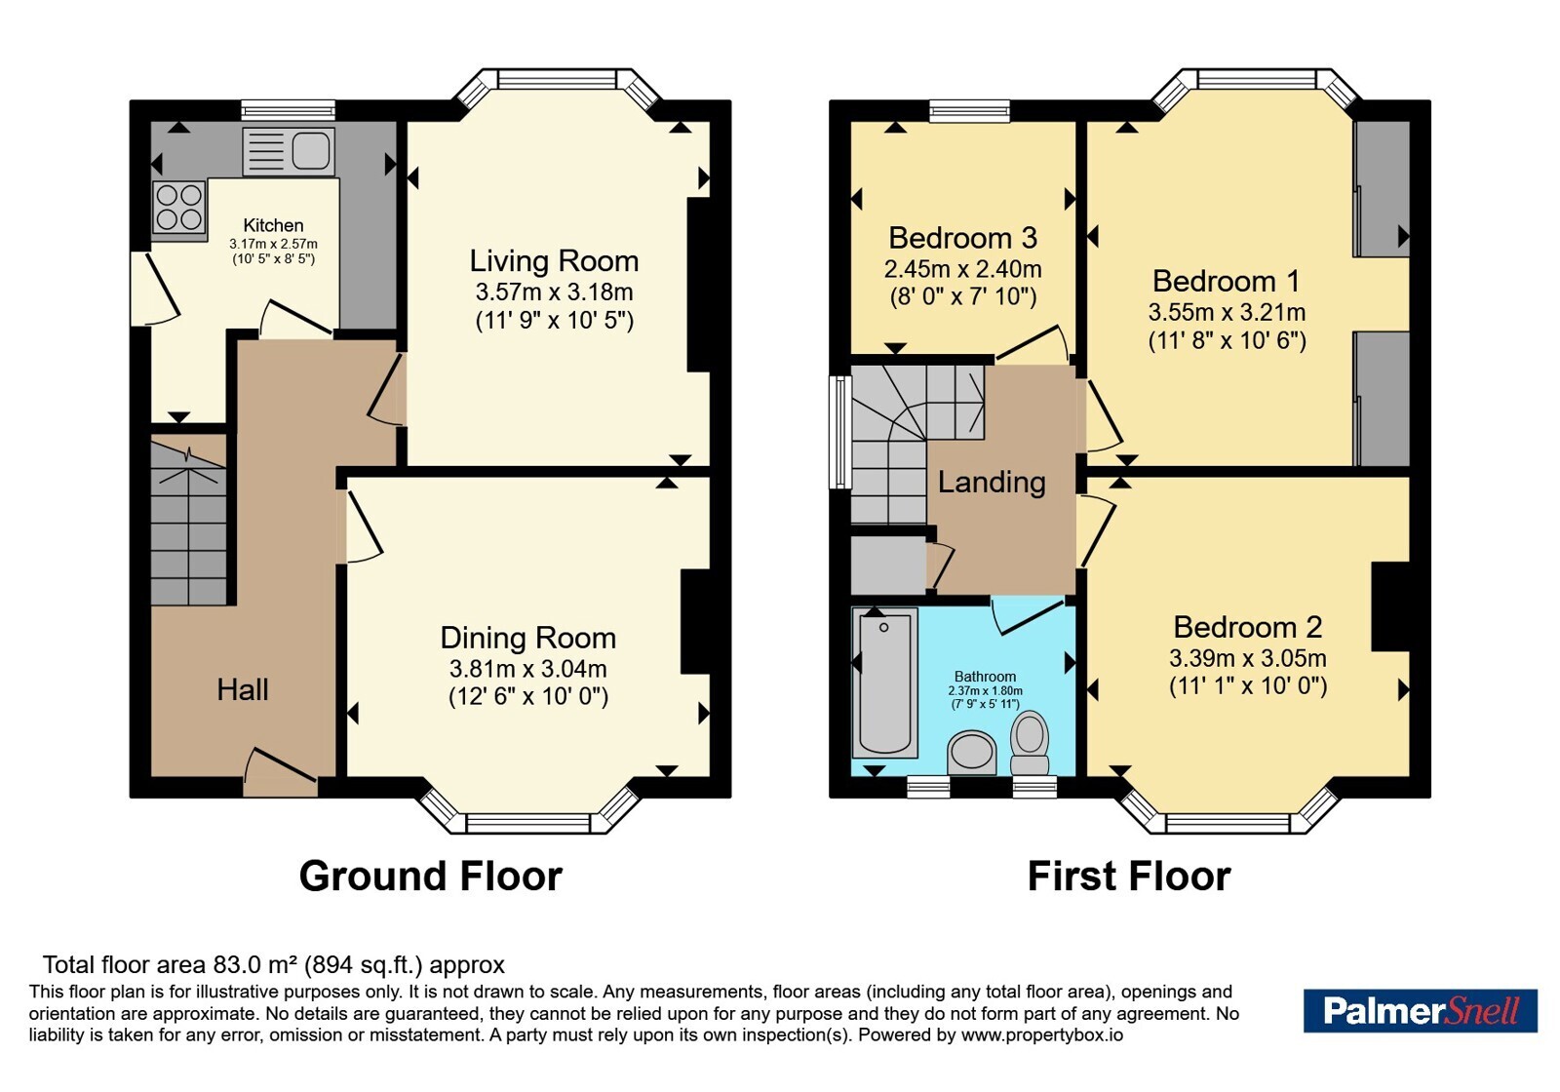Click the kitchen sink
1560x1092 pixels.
pos(289,151)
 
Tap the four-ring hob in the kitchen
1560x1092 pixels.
pos(179,207)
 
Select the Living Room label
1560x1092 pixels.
pos(554,261)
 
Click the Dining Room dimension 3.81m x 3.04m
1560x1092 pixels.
pos(527,669)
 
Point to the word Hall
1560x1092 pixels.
pos(243,689)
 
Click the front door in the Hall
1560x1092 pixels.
pos(280,773)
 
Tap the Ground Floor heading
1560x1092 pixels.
pos(430,877)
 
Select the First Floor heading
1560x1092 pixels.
pos(1129,877)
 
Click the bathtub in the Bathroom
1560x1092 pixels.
pos(884,682)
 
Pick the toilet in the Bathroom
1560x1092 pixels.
pos(1030,743)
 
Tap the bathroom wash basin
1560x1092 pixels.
pos(971,752)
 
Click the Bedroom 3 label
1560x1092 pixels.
pos(963,238)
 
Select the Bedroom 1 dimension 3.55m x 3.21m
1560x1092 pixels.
pos(1227,311)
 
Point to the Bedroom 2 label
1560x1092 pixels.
pos(1247,627)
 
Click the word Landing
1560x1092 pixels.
pos(992,483)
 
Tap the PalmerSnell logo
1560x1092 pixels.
pos(1420,1010)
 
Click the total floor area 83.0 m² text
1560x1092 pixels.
pos(273,964)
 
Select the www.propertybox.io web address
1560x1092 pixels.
pos(1042,1034)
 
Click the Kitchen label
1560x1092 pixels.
pos(273,225)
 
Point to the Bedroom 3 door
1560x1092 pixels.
pos(1033,344)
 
